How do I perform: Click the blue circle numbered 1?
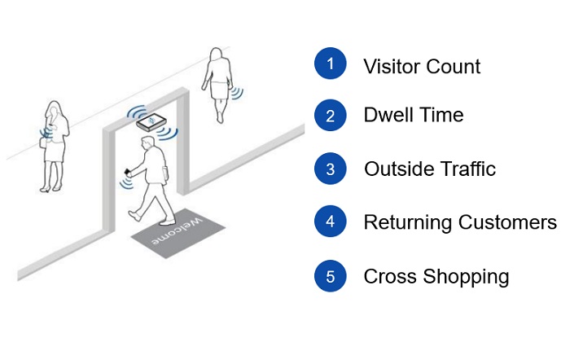330,64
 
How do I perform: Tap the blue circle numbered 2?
330,116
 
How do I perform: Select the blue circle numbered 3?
330,169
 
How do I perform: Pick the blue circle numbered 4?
330,222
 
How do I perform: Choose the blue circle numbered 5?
330,276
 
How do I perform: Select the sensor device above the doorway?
151,122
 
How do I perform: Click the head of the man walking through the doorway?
147,145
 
